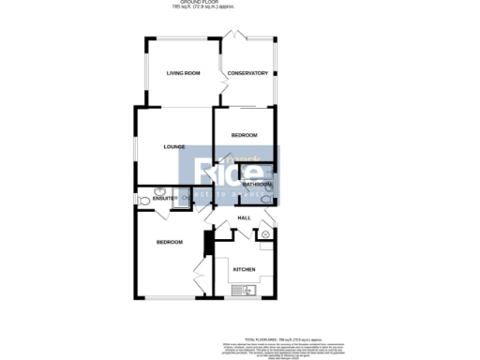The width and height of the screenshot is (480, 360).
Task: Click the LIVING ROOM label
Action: (185, 73)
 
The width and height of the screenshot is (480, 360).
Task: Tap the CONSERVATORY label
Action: (248, 73)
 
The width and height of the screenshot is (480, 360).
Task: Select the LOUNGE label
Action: (173, 147)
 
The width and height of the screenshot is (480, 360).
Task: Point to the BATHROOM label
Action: (257, 185)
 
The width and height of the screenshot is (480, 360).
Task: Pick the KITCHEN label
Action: (245, 270)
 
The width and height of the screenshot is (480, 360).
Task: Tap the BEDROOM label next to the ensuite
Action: (169, 243)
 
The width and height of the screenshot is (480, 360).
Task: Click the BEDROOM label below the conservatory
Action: (245, 136)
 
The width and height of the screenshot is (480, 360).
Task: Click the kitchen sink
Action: (247, 291)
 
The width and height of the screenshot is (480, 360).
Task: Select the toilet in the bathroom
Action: (267, 199)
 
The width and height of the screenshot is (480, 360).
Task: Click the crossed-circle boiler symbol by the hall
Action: (265, 233)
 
